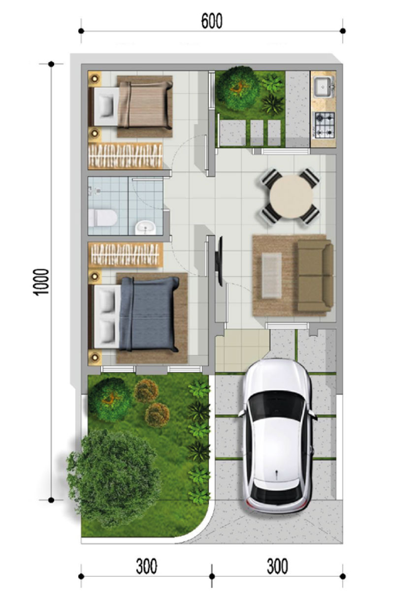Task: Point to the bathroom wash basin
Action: [x=145, y=227]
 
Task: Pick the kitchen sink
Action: [x=324, y=88]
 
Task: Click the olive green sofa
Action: [x=315, y=276]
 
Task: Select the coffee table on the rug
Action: [x=271, y=275]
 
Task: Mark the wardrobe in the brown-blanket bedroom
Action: [x=125, y=156]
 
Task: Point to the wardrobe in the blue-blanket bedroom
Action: [x=125, y=254]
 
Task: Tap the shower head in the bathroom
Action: [x=96, y=189]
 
